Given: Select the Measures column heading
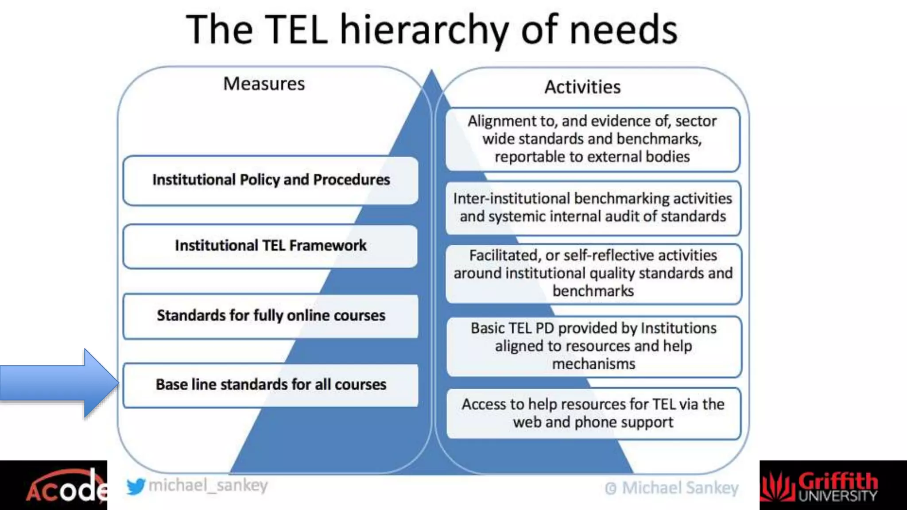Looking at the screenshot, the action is tap(264, 84).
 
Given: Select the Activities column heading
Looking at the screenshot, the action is tap(582, 87).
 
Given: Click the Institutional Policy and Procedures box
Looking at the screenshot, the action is tap(271, 180).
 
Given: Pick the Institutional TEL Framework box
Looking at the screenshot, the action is tap(271, 246).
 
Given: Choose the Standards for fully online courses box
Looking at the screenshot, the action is tap(271, 316).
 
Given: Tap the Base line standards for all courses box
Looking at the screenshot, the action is tap(271, 385).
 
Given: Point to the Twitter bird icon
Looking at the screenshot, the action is tap(136, 487).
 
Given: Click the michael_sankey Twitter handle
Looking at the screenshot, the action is tap(208, 486).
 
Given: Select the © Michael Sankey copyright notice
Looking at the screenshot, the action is tap(671, 488).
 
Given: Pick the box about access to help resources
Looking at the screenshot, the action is tap(593, 413).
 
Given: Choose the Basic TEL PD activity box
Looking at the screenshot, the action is tap(593, 346).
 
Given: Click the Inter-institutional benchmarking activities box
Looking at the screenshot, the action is tap(593, 208).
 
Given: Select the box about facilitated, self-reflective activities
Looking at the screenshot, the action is tap(593, 274).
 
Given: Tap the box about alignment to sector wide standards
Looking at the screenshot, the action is tap(592, 139).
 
